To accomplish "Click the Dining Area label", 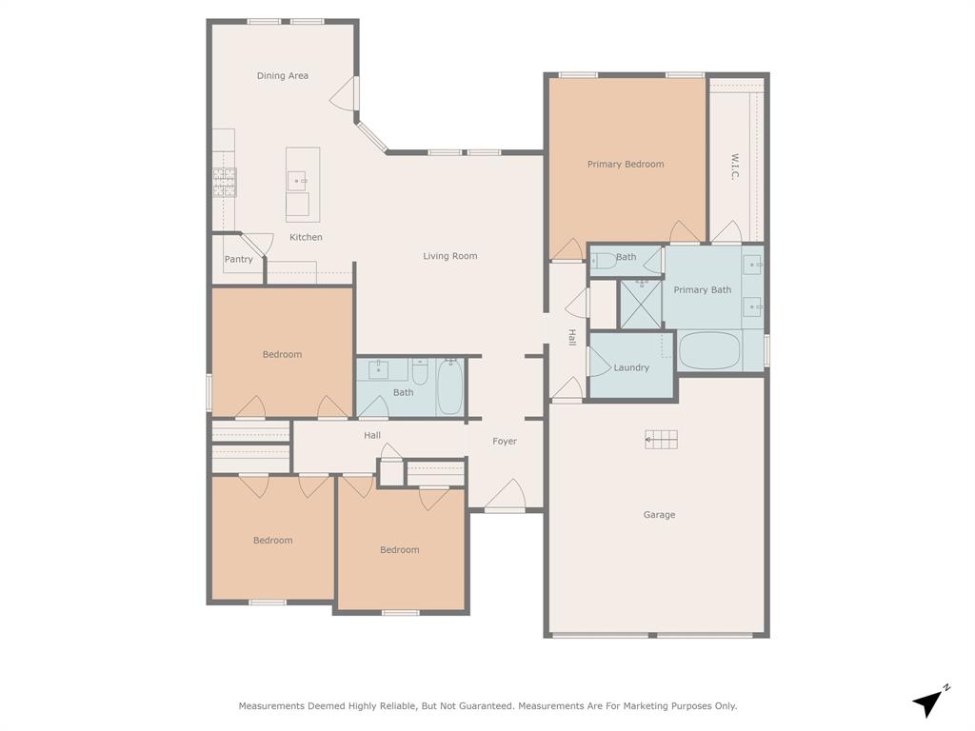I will pyautogui.click(x=283, y=76).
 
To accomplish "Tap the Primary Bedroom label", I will pyautogui.click(x=626, y=165).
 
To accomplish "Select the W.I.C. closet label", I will pyautogui.click(x=735, y=168).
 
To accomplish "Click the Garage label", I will pyautogui.click(x=659, y=515).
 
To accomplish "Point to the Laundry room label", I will pyautogui.click(x=631, y=368).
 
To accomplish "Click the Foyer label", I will pyautogui.click(x=505, y=442).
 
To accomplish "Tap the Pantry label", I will pyautogui.click(x=239, y=260).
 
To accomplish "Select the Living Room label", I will pyautogui.click(x=450, y=256).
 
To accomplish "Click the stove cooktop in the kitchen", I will pyautogui.click(x=225, y=182).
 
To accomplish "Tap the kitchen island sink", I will pyautogui.click(x=299, y=179).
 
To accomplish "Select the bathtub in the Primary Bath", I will pyautogui.click(x=709, y=350).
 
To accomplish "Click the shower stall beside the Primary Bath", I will pyautogui.click(x=641, y=304).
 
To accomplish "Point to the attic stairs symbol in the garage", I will pyautogui.click(x=662, y=439).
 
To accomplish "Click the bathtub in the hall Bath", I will pyautogui.click(x=450, y=387).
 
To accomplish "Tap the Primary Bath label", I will pyautogui.click(x=703, y=290).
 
